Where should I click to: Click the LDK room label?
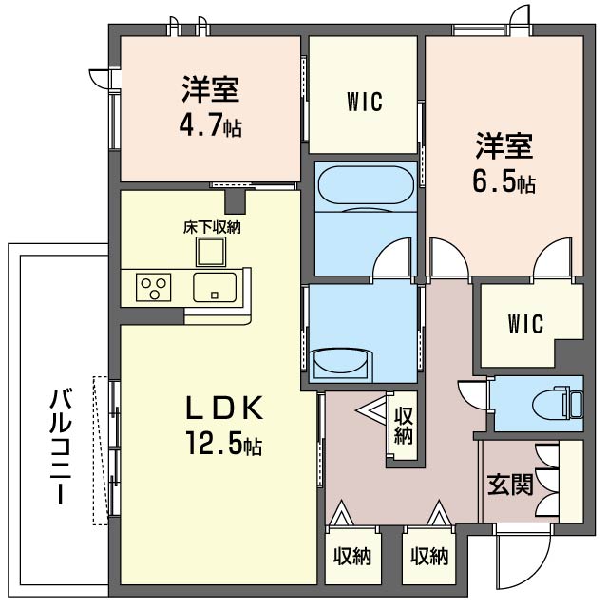pos(224,408)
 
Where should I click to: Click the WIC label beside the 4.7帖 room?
pos(365,102)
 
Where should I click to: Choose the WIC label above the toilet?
pos(525,324)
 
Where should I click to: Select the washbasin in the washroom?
pos(341,363)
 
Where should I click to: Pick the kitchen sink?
pos(215,287)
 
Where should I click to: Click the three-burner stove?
pos(154,287)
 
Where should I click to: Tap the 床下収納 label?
pos(212,228)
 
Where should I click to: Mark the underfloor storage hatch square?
pos(211,252)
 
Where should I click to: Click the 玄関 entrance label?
pos(510,484)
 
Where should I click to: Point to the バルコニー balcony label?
pos(61,446)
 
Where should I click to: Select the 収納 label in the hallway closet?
pos(404,426)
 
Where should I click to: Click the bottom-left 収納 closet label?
pos(352,556)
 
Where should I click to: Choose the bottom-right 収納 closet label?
pos(429,556)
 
